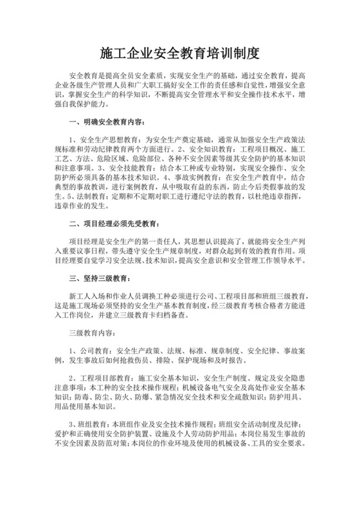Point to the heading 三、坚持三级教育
[100, 279]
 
